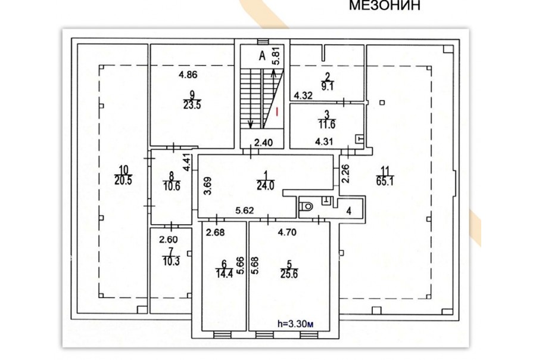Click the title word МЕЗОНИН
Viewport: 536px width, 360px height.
(x=385, y=5)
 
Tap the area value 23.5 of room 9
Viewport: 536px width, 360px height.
(x=192, y=105)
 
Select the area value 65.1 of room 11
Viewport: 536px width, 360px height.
(x=385, y=181)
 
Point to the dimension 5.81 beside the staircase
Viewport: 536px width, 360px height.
(x=276, y=56)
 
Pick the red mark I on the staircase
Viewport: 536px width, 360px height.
(x=277, y=111)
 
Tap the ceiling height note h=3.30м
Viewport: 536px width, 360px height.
(x=295, y=324)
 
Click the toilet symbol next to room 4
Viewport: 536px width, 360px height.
(x=306, y=206)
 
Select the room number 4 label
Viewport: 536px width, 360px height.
(x=348, y=211)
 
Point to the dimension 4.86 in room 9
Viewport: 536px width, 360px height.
(x=188, y=75)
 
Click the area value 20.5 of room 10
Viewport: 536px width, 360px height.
(x=123, y=181)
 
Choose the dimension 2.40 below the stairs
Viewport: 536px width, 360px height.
(x=263, y=142)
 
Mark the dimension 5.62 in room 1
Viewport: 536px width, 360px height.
(x=245, y=210)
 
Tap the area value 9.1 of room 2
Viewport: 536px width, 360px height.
(x=327, y=86)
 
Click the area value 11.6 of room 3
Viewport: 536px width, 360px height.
(x=327, y=125)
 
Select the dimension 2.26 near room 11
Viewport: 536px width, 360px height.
(x=346, y=173)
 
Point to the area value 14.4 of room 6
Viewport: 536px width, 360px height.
(x=224, y=274)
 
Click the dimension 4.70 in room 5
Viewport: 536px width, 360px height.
(x=287, y=232)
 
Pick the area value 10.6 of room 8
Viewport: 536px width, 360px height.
(x=172, y=187)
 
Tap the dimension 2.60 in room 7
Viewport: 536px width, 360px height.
(x=169, y=240)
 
